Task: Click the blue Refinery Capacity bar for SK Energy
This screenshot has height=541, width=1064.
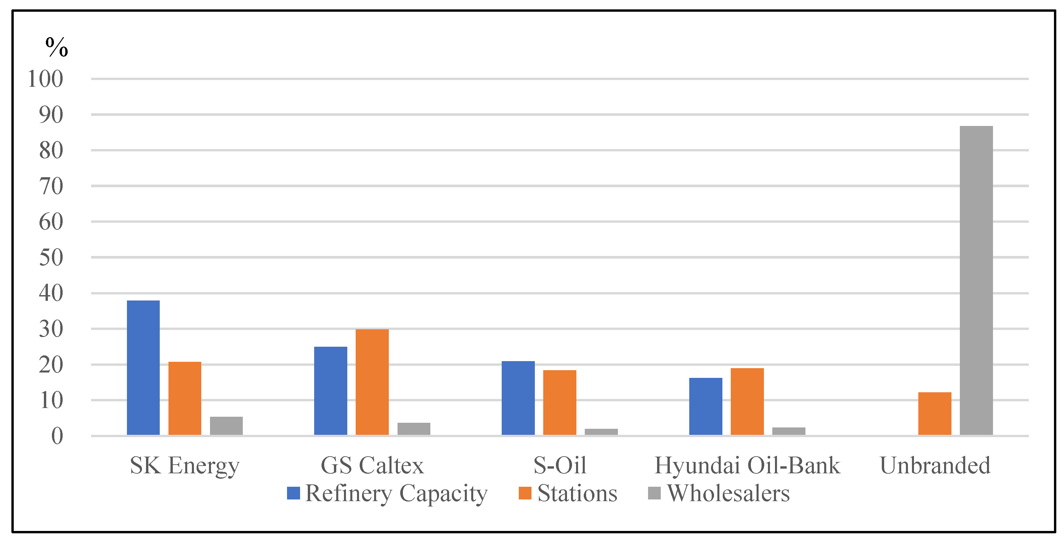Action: (x=143, y=367)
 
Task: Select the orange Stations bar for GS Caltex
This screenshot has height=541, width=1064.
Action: (x=372, y=382)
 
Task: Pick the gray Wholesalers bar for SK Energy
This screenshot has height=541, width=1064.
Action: (x=226, y=426)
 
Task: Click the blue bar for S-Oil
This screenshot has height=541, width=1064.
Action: (x=518, y=398)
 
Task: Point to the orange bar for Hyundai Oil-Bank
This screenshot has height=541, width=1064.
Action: (x=747, y=401)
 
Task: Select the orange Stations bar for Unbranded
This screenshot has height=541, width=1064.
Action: (x=934, y=413)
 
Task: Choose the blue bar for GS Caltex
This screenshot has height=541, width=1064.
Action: (x=331, y=391)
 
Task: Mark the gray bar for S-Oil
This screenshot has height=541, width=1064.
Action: (x=601, y=431)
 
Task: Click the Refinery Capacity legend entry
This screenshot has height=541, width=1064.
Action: (x=387, y=493)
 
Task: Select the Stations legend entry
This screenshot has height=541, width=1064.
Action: (x=568, y=493)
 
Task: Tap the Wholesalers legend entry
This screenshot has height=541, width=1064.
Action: (x=719, y=493)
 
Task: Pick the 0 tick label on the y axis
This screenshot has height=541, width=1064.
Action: (x=57, y=436)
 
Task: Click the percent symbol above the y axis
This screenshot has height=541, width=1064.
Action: (x=57, y=47)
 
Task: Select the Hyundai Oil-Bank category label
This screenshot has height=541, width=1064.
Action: (x=747, y=465)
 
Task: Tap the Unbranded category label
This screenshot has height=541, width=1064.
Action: (x=935, y=465)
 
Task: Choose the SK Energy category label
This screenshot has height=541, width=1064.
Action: (x=184, y=465)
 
